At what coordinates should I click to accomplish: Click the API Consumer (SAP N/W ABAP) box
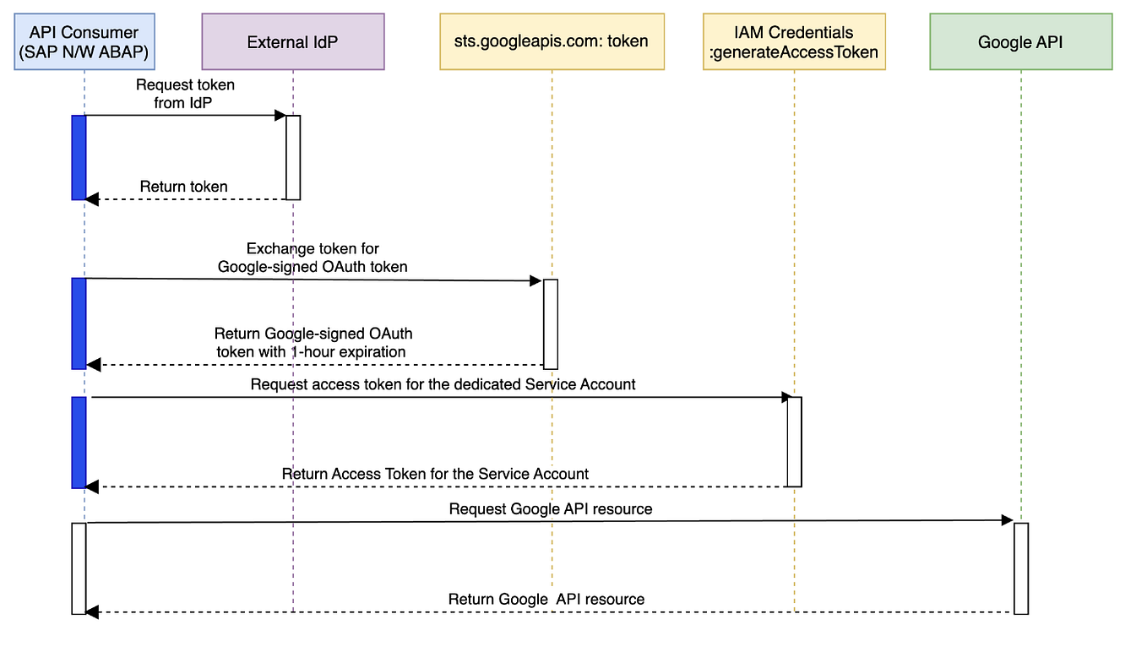click(84, 41)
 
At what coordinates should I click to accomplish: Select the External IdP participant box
click(292, 41)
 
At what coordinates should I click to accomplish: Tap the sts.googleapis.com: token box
click(552, 41)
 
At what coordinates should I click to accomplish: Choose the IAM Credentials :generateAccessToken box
click(794, 41)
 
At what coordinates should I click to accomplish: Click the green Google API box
click(1020, 41)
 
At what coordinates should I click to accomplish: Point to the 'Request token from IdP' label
click(185, 94)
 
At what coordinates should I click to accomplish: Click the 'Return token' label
click(184, 187)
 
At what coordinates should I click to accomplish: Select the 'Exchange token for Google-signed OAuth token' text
click(313, 258)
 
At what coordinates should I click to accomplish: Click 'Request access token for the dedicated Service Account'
click(443, 384)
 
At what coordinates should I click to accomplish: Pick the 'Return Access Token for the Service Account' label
click(435, 474)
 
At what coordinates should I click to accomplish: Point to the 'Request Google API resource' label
click(550, 508)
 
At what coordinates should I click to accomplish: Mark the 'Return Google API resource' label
click(546, 599)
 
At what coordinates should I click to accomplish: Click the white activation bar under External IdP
click(293, 157)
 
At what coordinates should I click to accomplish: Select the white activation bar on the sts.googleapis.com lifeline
click(551, 323)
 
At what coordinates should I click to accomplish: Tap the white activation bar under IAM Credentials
click(794, 442)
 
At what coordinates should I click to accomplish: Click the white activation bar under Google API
click(1020, 568)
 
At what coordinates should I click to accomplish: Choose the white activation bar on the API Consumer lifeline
click(79, 568)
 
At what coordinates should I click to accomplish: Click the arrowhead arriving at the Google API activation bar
click(1007, 521)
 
